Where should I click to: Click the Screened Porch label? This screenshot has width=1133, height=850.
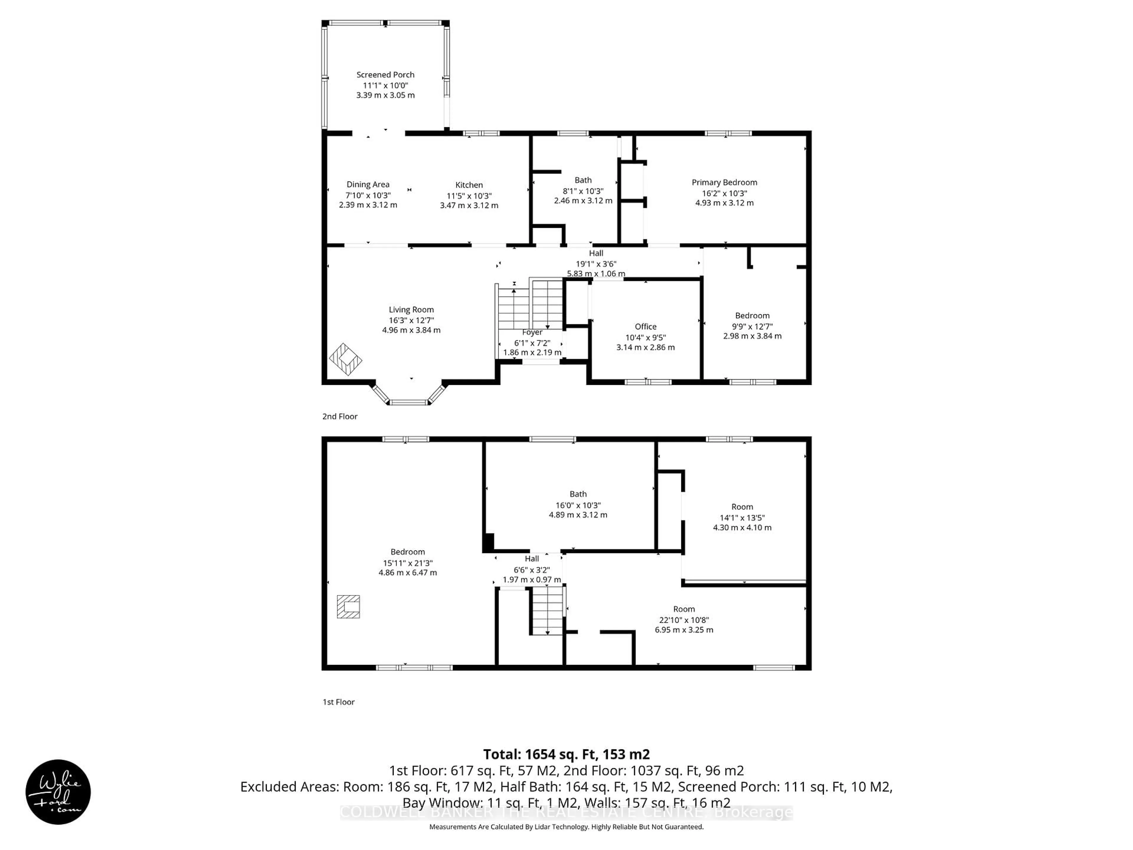(385, 75)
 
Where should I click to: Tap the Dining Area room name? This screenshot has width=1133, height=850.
(368, 184)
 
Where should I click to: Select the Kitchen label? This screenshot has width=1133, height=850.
(469, 185)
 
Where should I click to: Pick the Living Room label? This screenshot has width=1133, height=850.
(411, 310)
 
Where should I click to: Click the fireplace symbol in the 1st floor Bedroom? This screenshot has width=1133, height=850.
(348, 607)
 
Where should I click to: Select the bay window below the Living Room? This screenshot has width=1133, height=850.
(408, 395)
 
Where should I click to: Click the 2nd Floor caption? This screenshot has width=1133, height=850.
(340, 416)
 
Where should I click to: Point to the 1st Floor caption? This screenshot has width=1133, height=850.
(338, 702)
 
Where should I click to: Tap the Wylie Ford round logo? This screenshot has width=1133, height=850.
(58, 792)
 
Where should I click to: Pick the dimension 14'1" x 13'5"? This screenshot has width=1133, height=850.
(742, 517)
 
